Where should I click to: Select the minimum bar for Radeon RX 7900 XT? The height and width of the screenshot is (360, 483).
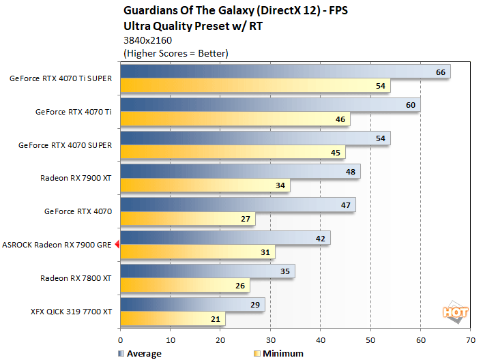pos(205,185)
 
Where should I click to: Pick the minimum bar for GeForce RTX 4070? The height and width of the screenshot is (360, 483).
pos(188,219)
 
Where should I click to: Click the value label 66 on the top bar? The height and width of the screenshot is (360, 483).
pos(440,72)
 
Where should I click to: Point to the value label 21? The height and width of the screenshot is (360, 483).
pos(215,318)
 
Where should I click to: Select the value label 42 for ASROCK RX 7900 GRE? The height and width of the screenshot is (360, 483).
pos(320,237)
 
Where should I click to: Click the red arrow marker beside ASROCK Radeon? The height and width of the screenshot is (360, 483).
pos(117,244)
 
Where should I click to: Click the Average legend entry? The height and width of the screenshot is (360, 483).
pos(139,353)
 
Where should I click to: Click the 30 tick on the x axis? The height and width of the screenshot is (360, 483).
pos(270,339)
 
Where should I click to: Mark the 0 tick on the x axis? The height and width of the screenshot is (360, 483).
pos(121,339)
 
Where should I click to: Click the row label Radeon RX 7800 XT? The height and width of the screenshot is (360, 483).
pos(76,277)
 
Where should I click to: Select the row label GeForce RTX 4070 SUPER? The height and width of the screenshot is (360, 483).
pos(65,145)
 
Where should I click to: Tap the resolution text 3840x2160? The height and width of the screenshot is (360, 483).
pos(148,40)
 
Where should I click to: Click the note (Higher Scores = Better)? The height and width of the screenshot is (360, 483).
pos(175,52)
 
